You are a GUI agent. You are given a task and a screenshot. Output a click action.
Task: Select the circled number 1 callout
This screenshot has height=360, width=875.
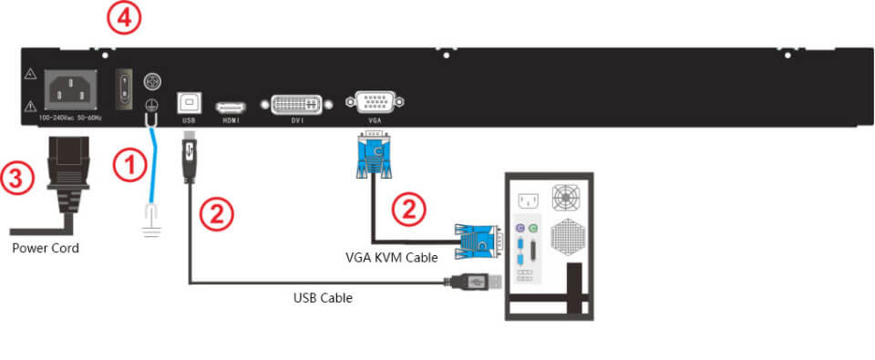pyautogui.click(x=129, y=167)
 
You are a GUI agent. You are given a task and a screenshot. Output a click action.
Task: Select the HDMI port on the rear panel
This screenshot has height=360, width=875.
pyautogui.click(x=229, y=107)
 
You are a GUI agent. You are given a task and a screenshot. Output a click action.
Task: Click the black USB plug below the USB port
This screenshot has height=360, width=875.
pyautogui.click(x=189, y=158)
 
